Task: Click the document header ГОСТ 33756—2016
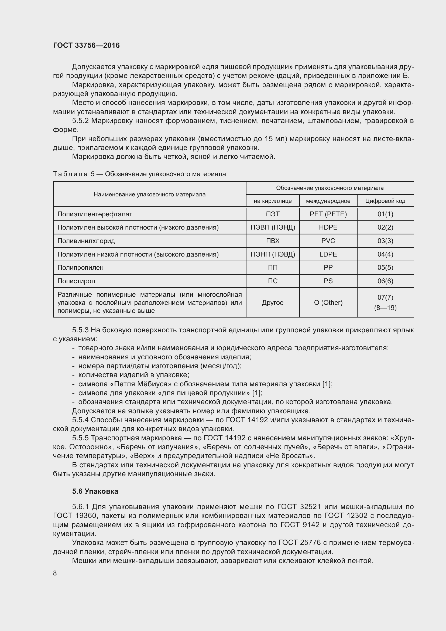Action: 86,45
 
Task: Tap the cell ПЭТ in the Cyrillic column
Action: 272,214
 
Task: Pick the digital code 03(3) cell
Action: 385,241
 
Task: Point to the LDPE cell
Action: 328,254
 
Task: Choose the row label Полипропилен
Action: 80,267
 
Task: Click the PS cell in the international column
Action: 328,281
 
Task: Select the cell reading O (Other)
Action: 328,303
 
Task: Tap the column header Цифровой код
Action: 385,201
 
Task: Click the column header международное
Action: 328,201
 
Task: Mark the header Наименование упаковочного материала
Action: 149,195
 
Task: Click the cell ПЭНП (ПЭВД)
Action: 272,254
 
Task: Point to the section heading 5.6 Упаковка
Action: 95,491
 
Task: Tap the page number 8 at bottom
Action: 55,573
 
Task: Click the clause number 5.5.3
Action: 80,330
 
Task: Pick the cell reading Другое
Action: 272,303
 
